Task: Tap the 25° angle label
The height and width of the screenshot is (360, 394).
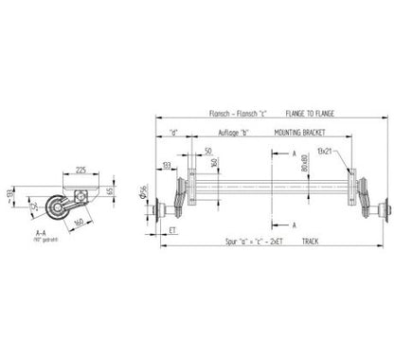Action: click(x=33, y=207)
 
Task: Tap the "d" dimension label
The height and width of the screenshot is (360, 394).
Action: click(x=173, y=133)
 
